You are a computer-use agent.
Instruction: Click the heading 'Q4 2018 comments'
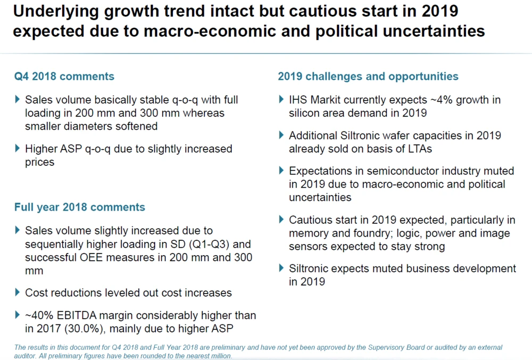coord(64,77)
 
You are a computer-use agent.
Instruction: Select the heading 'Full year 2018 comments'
coord(79,207)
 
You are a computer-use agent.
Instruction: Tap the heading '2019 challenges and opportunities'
coord(368,77)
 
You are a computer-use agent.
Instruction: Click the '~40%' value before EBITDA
coord(38,315)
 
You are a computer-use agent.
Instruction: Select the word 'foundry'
coord(359,233)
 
